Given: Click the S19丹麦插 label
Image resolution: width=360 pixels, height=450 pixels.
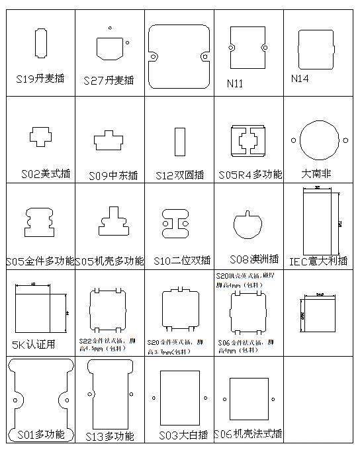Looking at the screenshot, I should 40,78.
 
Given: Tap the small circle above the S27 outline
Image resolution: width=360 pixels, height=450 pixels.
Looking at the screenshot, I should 110,28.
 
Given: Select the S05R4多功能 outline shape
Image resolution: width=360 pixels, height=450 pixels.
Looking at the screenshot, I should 248,140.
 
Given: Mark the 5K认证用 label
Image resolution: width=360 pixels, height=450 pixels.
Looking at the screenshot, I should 34,344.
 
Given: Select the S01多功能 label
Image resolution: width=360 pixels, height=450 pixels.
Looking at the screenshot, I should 40,434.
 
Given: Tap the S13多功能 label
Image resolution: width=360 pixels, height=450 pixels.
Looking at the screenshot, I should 110,435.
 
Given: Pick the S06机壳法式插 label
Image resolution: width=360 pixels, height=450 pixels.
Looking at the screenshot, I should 248,434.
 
